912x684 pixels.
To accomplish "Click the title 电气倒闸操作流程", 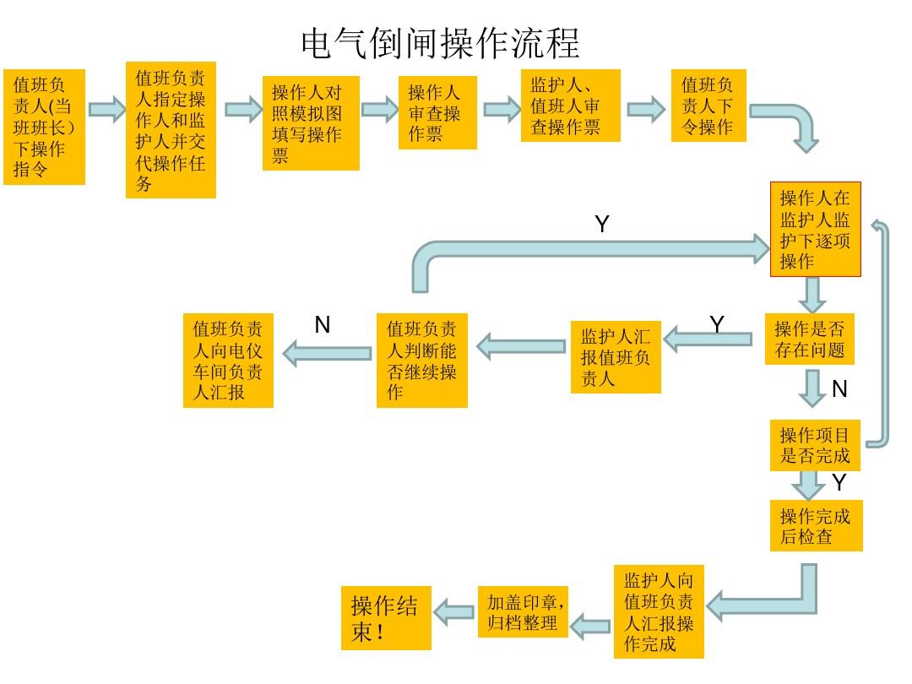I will coord(440,42).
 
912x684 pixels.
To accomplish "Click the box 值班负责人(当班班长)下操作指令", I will coord(45,127).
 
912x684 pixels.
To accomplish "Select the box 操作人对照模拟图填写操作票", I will coord(311,123).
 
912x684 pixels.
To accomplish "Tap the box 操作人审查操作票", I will coord(437,113).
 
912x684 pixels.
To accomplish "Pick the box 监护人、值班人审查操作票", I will coord(570,106).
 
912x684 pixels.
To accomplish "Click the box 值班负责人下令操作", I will coord(708,106).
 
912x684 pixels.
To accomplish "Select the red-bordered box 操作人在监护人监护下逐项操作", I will coord(815,229).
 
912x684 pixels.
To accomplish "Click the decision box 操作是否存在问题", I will coord(809,339).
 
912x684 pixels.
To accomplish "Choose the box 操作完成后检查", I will coord(816,525).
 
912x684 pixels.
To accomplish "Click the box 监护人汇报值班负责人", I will coord(615,357).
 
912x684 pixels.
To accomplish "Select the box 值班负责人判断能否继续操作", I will coord(421,361).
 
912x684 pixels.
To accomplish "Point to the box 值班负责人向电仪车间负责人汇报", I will coord(228,361).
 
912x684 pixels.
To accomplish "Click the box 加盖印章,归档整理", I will coord(523,612).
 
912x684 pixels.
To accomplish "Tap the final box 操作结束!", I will coord(386,618).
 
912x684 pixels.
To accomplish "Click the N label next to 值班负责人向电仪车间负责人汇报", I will coord(322,325).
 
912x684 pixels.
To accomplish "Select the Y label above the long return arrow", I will coord(601,225).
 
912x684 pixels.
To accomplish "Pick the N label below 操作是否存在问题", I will coord(839,389).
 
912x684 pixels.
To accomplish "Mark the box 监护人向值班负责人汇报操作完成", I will coord(659,612).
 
